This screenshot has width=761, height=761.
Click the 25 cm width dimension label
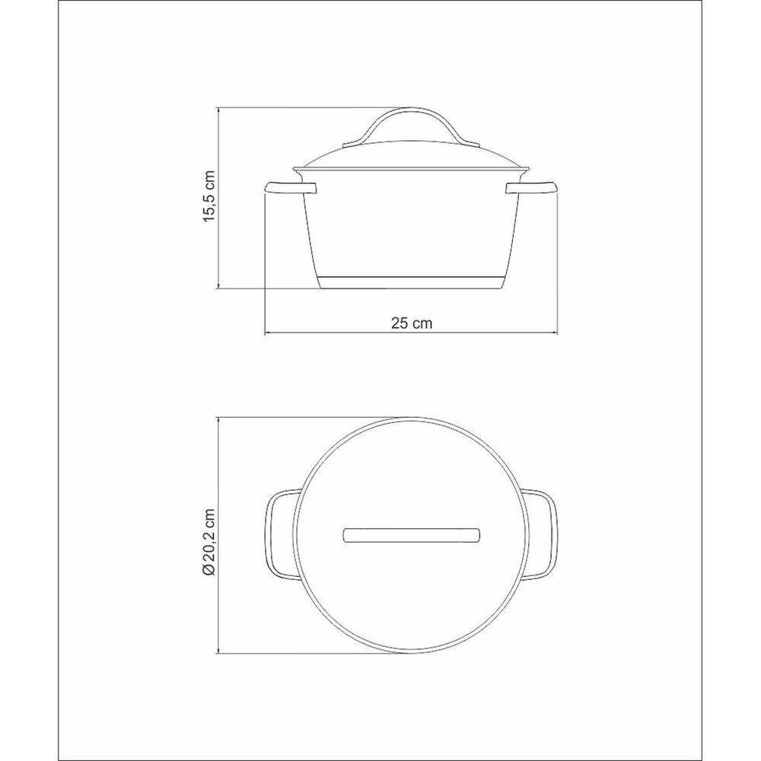pos(412,323)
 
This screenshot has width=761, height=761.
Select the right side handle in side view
pos(532,188)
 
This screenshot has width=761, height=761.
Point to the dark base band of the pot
pos(411,282)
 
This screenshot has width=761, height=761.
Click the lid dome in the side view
pos(411,156)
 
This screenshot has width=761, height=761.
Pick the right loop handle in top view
pos(544,535)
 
